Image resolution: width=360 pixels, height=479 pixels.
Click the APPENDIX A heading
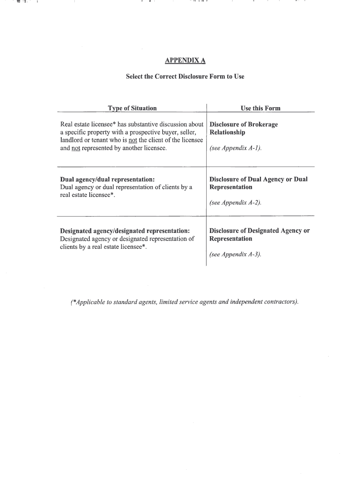point(185,60)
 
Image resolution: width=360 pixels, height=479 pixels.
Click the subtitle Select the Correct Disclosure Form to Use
point(185,76)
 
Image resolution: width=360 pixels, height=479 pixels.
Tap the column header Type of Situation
point(132,109)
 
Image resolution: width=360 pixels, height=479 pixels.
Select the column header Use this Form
point(260,109)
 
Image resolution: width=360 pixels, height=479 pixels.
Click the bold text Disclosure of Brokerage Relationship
point(243,128)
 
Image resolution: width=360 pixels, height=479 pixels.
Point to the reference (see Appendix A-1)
point(235,148)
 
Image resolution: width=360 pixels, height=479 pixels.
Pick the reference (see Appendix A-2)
point(235,203)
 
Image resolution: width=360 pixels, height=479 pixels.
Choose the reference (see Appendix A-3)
point(235,254)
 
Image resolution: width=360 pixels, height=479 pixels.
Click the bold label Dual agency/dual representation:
point(108,180)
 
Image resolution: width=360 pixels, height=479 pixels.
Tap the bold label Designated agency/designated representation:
point(125,231)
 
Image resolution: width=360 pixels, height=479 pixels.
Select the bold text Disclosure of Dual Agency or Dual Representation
point(258,183)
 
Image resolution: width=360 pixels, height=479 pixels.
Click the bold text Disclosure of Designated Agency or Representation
point(259,235)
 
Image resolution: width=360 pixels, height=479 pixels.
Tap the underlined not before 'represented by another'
point(76,148)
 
